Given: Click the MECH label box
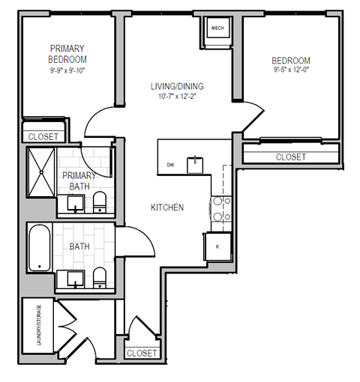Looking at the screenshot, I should [218, 29].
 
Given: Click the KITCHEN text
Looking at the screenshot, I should [167, 207].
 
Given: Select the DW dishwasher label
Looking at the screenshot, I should [170, 165].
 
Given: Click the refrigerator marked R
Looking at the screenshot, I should [217, 246].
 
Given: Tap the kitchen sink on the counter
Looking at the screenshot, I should [196, 163].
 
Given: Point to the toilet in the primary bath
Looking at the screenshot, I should [99, 200].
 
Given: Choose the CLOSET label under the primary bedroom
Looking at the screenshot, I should [43, 137].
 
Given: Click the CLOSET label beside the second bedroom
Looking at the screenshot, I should [290, 157].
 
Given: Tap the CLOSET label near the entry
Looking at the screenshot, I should [142, 353].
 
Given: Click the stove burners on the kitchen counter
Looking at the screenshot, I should [220, 209].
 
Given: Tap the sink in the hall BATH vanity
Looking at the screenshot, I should [75, 279].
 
